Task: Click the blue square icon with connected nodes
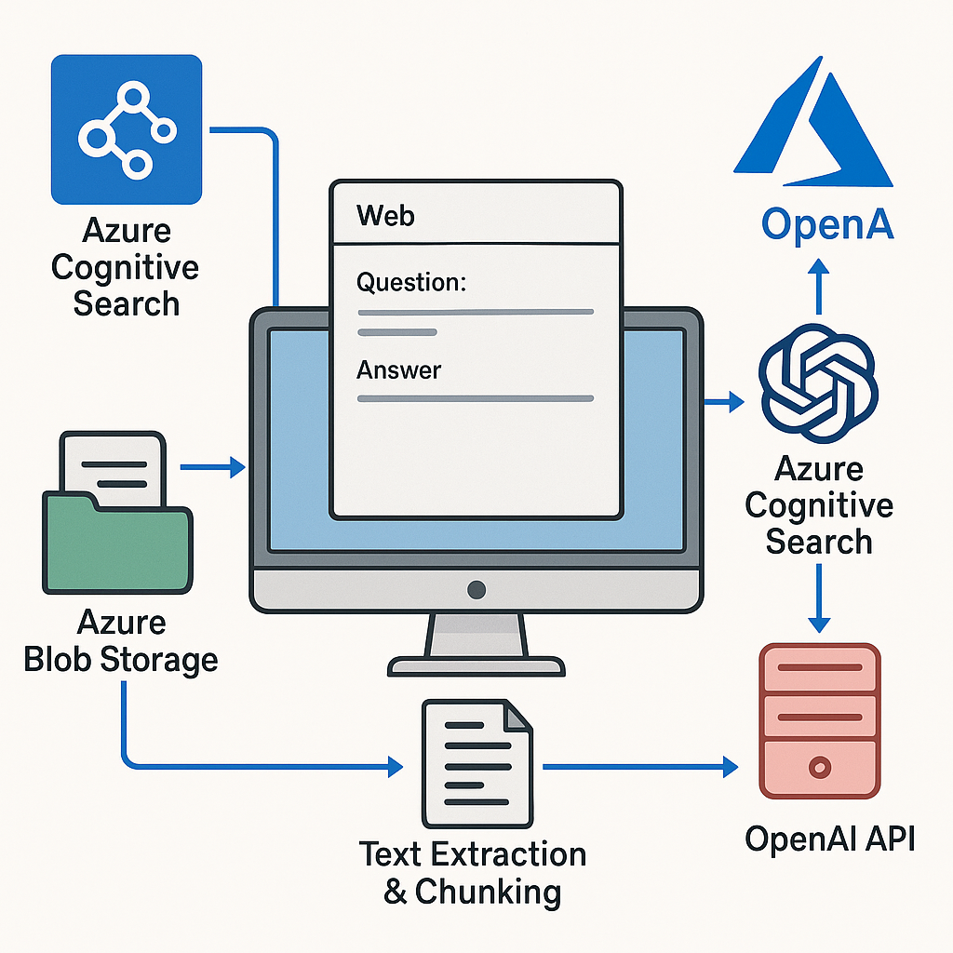tap(127, 128)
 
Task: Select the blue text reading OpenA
tap(827, 224)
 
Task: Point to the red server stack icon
tap(819, 720)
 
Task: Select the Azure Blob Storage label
tap(121, 641)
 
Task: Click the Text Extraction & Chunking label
tap(473, 872)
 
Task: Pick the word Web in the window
tap(385, 216)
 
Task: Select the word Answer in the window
tap(398, 369)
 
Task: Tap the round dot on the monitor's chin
tap(476, 589)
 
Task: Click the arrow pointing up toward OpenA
tap(818, 284)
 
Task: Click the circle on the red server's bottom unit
tap(819, 768)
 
